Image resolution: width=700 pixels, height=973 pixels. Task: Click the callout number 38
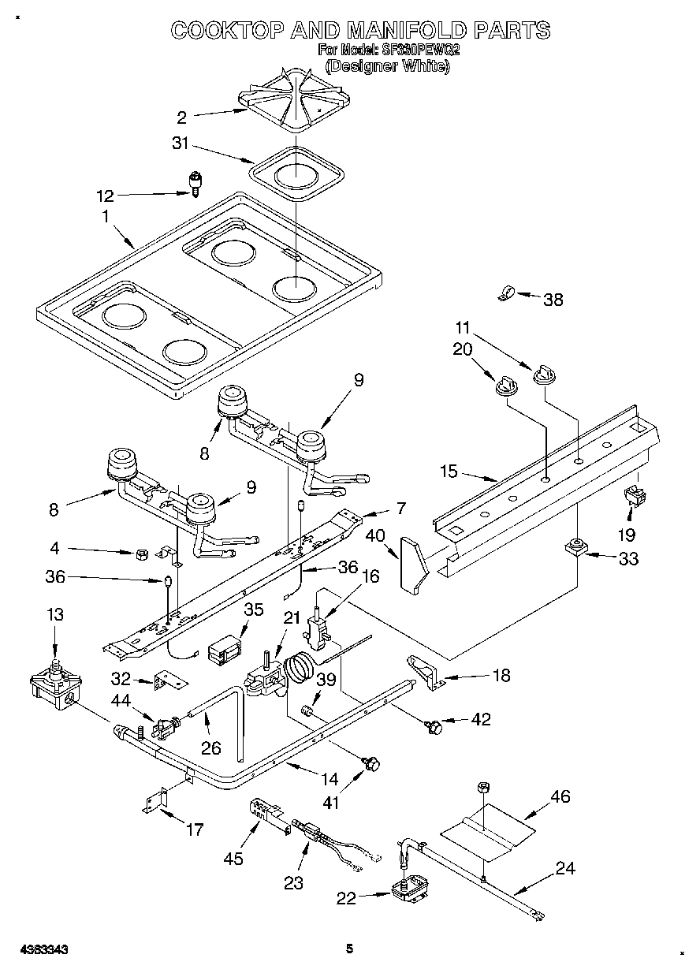(554, 299)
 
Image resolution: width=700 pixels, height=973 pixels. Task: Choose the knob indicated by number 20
(504, 384)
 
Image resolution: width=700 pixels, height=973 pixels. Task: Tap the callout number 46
(560, 796)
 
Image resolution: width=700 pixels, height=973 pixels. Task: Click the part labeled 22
(411, 890)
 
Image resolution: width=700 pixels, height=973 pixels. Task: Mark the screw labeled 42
(432, 725)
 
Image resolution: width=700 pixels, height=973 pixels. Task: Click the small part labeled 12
(193, 182)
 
